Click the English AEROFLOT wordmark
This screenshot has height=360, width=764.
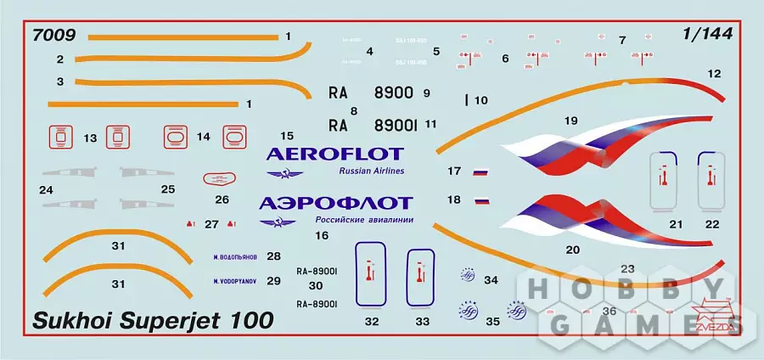click(334, 154)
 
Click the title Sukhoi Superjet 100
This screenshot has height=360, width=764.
click(153, 321)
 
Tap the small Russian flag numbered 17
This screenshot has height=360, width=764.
click(480, 172)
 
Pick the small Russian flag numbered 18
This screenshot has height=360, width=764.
click(482, 201)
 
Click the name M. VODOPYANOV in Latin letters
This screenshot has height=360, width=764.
click(233, 280)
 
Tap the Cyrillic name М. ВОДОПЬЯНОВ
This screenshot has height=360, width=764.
click(234, 255)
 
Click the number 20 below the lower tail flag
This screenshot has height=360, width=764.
click(572, 250)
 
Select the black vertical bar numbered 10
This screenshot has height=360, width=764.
click(466, 99)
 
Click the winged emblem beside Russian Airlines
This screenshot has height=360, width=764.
click(279, 173)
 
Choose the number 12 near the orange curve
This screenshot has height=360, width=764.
click(714, 74)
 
